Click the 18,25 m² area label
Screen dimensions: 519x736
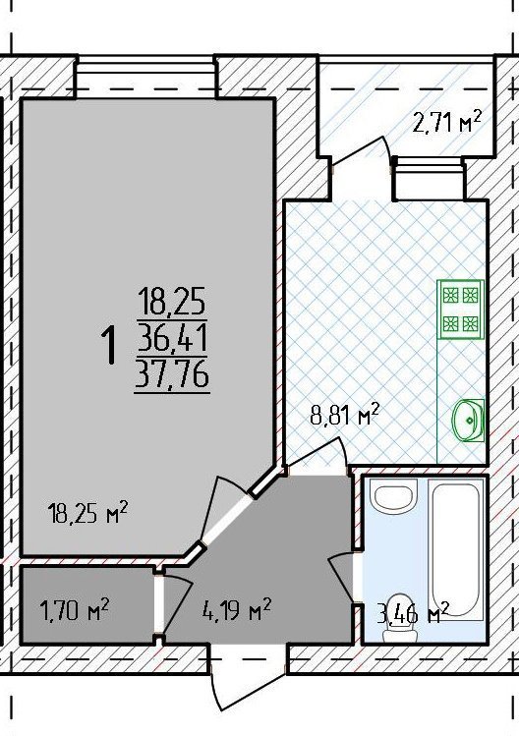coord(87,513)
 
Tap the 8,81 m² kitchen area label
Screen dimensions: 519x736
coord(345,415)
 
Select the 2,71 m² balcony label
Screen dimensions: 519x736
coord(446,122)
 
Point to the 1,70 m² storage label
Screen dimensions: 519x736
coord(75,610)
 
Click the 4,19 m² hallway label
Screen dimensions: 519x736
coord(236,610)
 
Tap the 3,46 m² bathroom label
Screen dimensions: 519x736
coord(413,614)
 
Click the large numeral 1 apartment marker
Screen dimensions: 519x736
coord(108,345)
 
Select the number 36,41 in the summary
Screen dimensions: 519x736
coord(172,338)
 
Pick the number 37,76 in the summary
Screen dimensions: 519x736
coord(172,374)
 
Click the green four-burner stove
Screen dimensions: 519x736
coord(460,310)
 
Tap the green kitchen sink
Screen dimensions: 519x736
coord(468,421)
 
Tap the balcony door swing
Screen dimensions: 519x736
coord(362,151)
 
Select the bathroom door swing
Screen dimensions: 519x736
coord(342,579)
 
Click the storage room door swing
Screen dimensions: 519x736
coord(176,604)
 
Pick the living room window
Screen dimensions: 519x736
coord(146,78)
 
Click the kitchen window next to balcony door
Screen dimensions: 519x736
coord(429,179)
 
